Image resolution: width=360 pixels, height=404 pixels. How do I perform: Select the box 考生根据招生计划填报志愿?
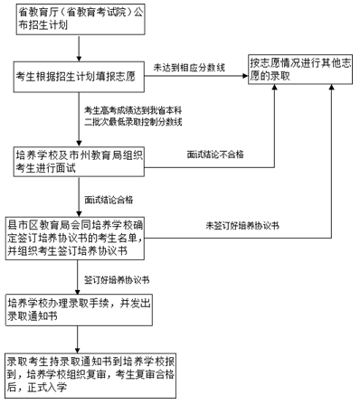point(77,75)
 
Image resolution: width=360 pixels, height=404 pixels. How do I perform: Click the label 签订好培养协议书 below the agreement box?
point(116,280)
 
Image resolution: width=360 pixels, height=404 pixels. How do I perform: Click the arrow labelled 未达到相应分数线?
point(195,76)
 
